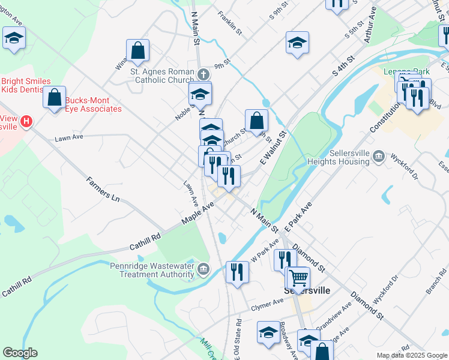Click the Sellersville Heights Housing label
point(338,157)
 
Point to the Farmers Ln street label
point(103,188)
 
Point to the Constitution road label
point(385,117)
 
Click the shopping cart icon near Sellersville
point(298,277)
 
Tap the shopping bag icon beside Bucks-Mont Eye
point(54,98)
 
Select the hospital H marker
point(26,122)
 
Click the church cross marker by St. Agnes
point(203,74)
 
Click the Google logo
point(20,353)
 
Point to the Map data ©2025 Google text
point(411,355)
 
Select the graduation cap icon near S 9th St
point(297,43)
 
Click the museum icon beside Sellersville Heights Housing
point(379,157)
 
